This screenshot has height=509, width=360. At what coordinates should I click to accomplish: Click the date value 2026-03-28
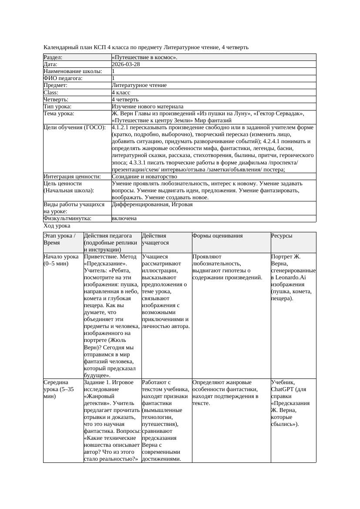point(126,64)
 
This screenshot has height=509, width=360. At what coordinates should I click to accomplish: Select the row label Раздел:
point(53,57)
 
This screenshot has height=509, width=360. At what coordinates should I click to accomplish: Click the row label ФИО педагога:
point(63,78)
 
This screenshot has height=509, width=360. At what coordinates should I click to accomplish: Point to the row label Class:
point(51,92)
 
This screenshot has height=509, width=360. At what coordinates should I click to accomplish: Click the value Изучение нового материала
point(148,106)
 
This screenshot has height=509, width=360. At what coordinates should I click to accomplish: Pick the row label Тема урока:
point(59,114)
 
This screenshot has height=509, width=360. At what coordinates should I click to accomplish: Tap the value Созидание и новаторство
point(145,177)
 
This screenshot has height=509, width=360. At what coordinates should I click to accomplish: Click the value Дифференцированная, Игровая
point(152,204)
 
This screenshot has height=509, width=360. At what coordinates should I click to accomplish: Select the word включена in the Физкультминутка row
point(124,218)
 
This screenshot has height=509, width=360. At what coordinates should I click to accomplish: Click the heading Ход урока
point(57,226)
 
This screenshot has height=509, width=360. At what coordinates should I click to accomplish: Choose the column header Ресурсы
point(282,236)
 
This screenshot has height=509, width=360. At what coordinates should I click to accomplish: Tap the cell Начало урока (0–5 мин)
point(61,260)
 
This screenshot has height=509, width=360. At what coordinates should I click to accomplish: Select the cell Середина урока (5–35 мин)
point(59,389)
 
